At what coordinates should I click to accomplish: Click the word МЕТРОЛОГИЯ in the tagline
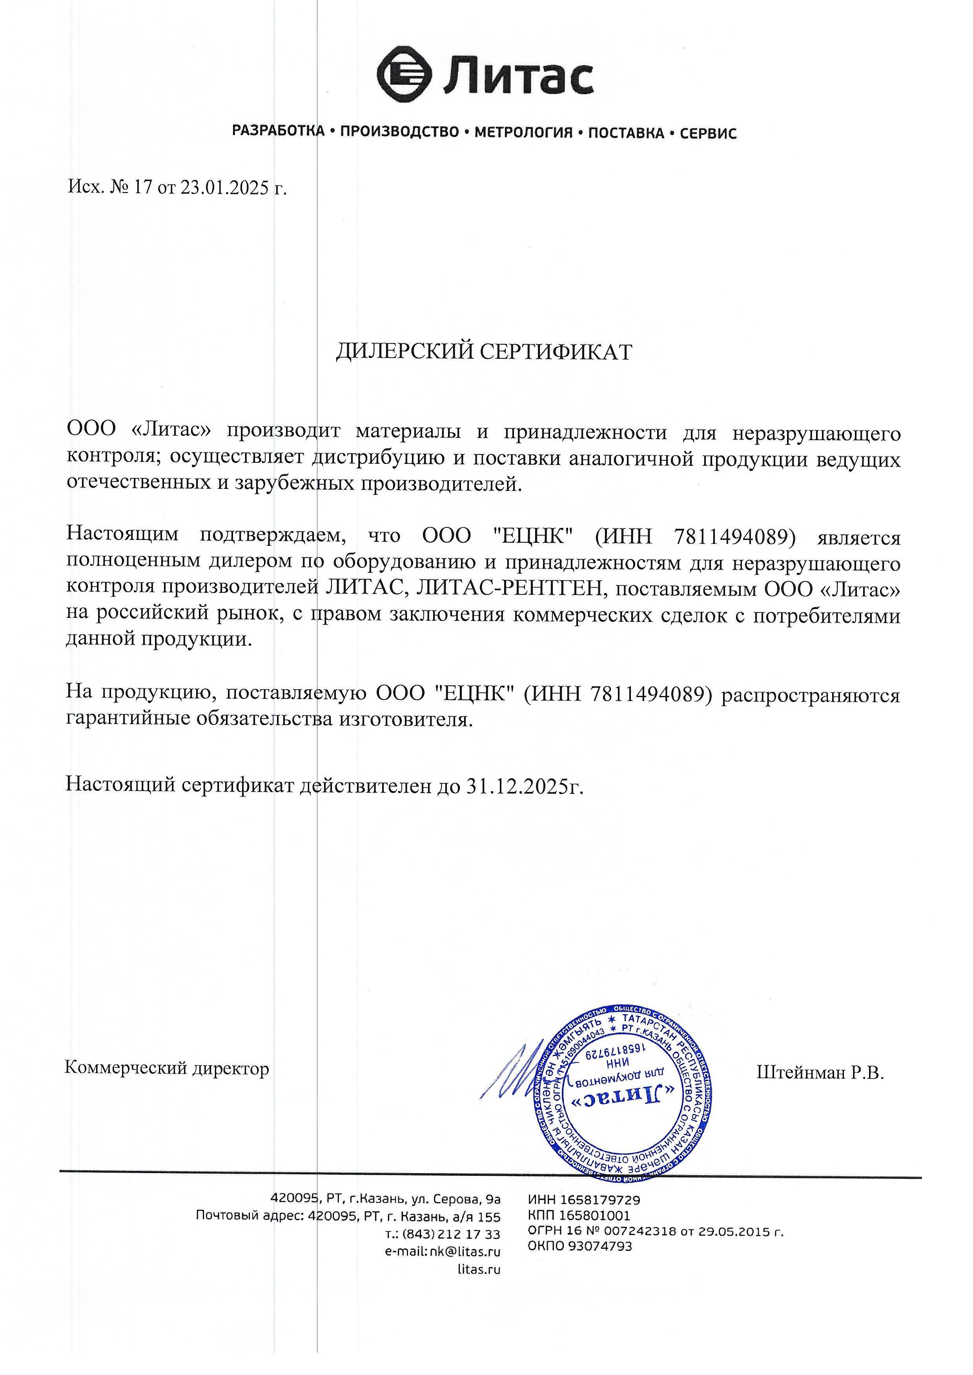523,133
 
